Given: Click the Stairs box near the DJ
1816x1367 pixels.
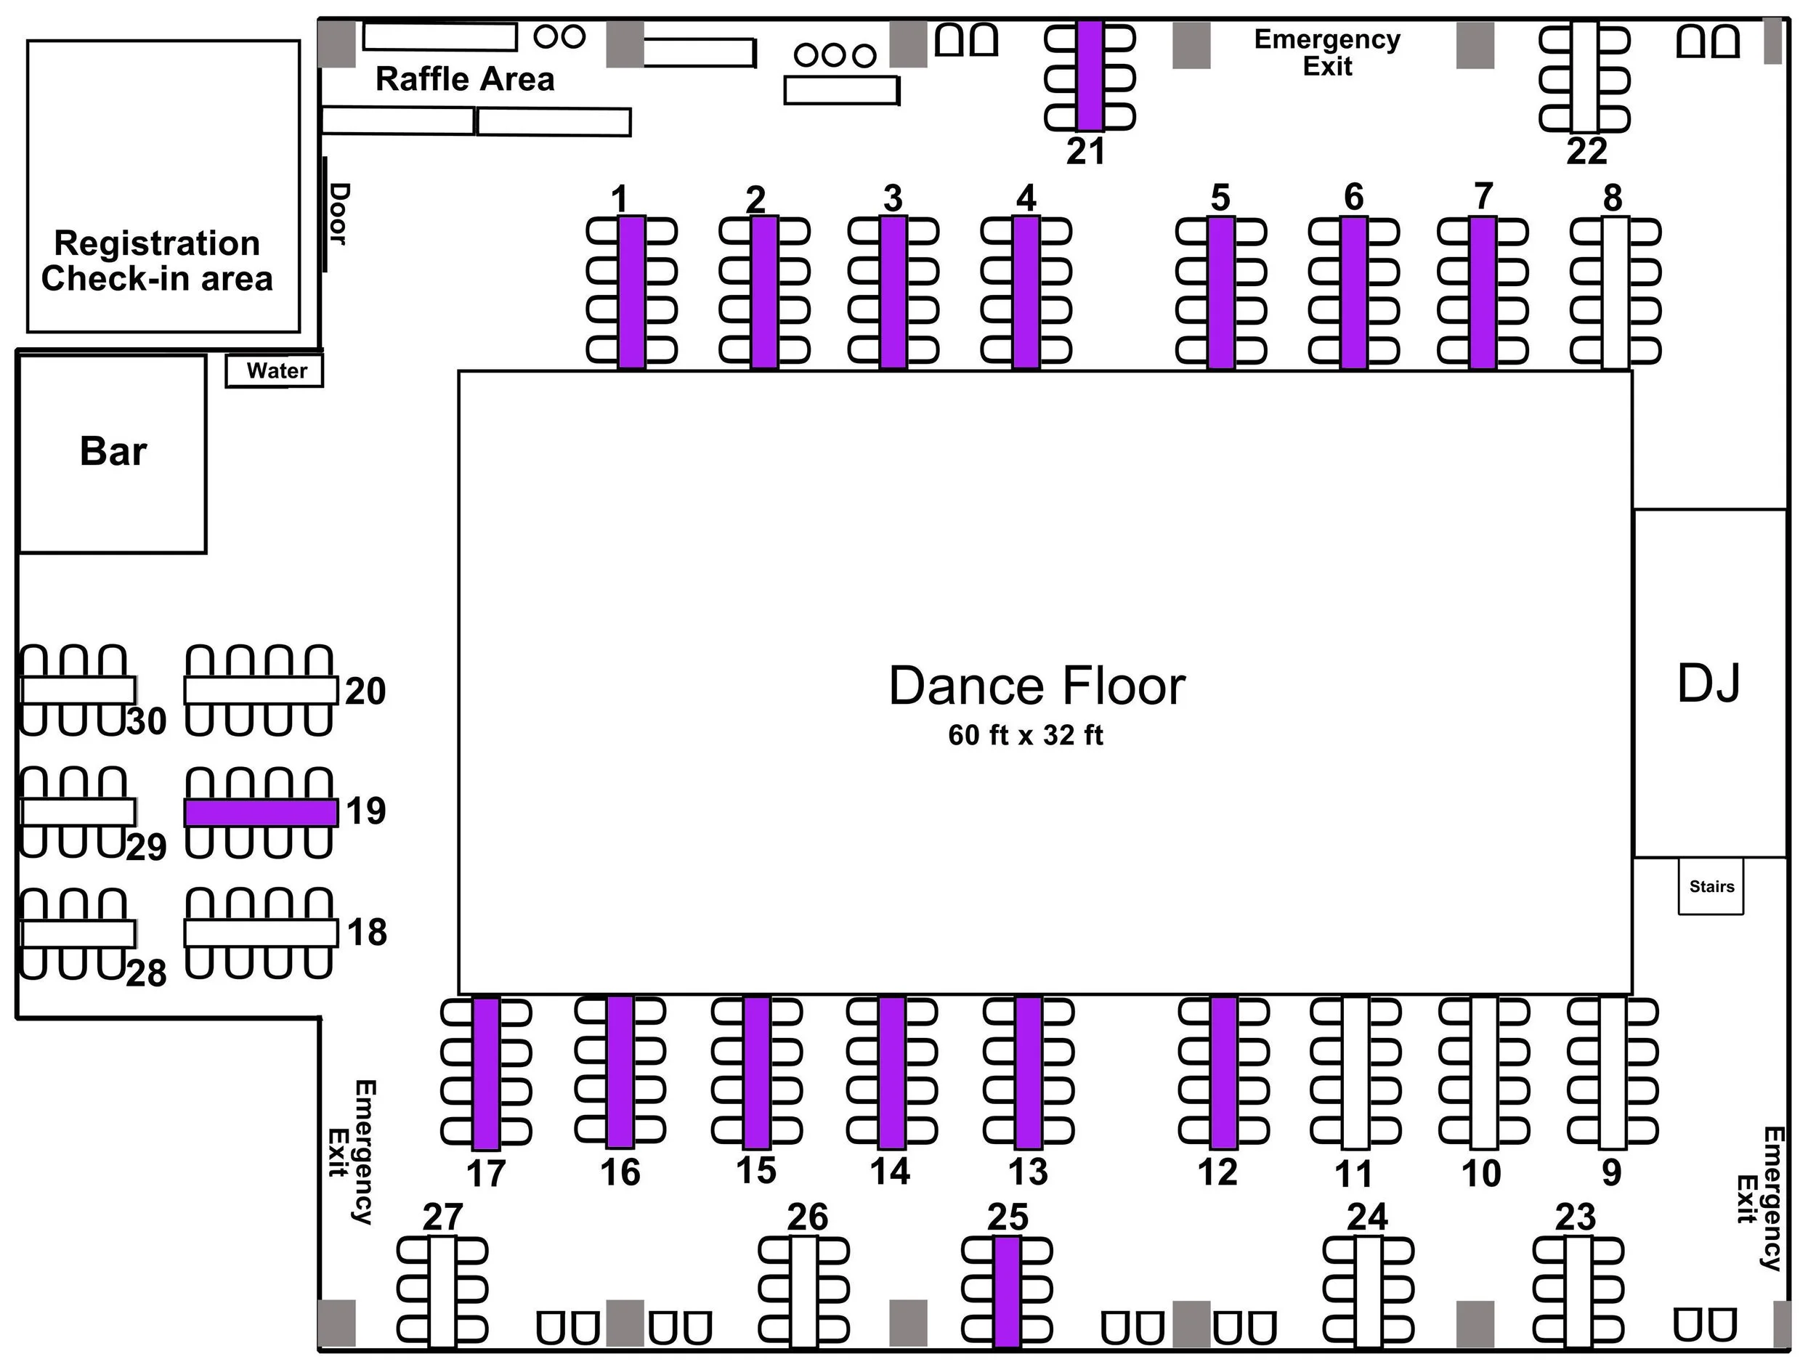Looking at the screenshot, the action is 1711,887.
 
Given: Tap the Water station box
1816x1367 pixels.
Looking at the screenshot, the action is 276,370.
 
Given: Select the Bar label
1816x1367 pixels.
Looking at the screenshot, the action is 113,452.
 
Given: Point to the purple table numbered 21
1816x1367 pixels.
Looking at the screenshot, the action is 1090,76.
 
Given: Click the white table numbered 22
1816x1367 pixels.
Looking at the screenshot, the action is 1584,77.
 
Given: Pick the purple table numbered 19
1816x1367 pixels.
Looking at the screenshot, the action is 261,812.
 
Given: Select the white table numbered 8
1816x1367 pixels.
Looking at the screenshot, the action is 1615,291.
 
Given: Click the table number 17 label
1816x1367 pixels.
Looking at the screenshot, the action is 486,1174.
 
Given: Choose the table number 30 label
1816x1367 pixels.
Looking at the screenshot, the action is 147,721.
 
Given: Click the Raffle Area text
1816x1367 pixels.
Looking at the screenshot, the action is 465,80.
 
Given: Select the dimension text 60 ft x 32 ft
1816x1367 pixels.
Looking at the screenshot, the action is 1026,735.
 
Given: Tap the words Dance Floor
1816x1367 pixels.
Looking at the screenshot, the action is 1037,686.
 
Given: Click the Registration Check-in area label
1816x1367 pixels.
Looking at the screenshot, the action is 157,261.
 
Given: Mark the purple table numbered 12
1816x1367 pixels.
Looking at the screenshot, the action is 1223,1072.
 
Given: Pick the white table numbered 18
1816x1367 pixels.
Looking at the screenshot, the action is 261,933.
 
